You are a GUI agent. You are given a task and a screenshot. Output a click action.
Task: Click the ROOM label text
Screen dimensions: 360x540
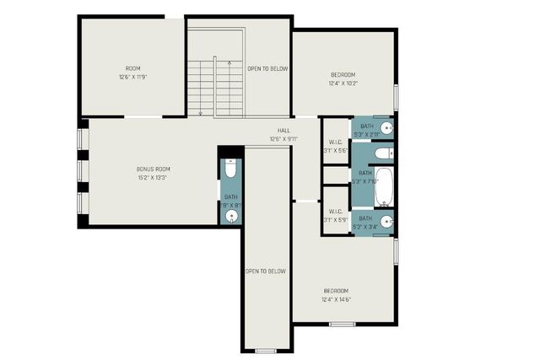click(133, 68)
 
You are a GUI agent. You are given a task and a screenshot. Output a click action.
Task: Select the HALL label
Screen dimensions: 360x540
click(284, 131)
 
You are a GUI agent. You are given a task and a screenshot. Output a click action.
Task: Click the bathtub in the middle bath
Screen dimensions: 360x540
click(384, 187)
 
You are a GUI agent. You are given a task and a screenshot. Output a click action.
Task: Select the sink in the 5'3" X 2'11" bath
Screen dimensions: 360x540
click(386, 128)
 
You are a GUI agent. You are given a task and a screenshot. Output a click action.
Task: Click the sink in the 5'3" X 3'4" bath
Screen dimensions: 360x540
click(386, 223)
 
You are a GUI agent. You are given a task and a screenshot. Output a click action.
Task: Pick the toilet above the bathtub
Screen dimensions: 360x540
click(382, 153)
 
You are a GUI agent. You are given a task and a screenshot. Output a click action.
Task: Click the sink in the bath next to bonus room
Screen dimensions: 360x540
click(232, 216)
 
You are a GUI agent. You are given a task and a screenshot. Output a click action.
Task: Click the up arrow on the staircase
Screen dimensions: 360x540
click(229, 63)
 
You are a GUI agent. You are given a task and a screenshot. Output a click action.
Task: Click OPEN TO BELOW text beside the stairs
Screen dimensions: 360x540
click(267, 68)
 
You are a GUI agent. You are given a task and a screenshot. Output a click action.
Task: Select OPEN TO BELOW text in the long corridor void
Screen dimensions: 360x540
click(266, 271)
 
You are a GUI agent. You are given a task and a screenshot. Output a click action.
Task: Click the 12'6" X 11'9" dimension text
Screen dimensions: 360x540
click(133, 77)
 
